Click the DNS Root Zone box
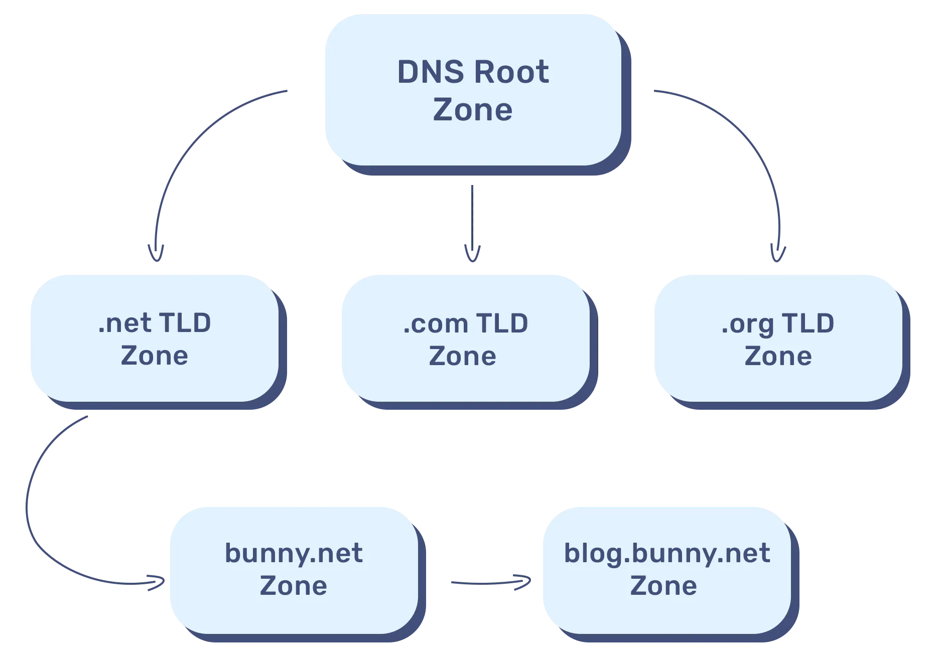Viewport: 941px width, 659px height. [x=473, y=90]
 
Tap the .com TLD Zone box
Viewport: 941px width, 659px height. [x=466, y=338]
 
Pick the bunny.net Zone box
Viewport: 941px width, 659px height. [x=293, y=570]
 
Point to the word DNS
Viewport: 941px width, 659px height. [x=431, y=72]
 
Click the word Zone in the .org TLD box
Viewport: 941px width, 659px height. [x=778, y=356]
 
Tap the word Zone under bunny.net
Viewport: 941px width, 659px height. [x=293, y=586]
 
